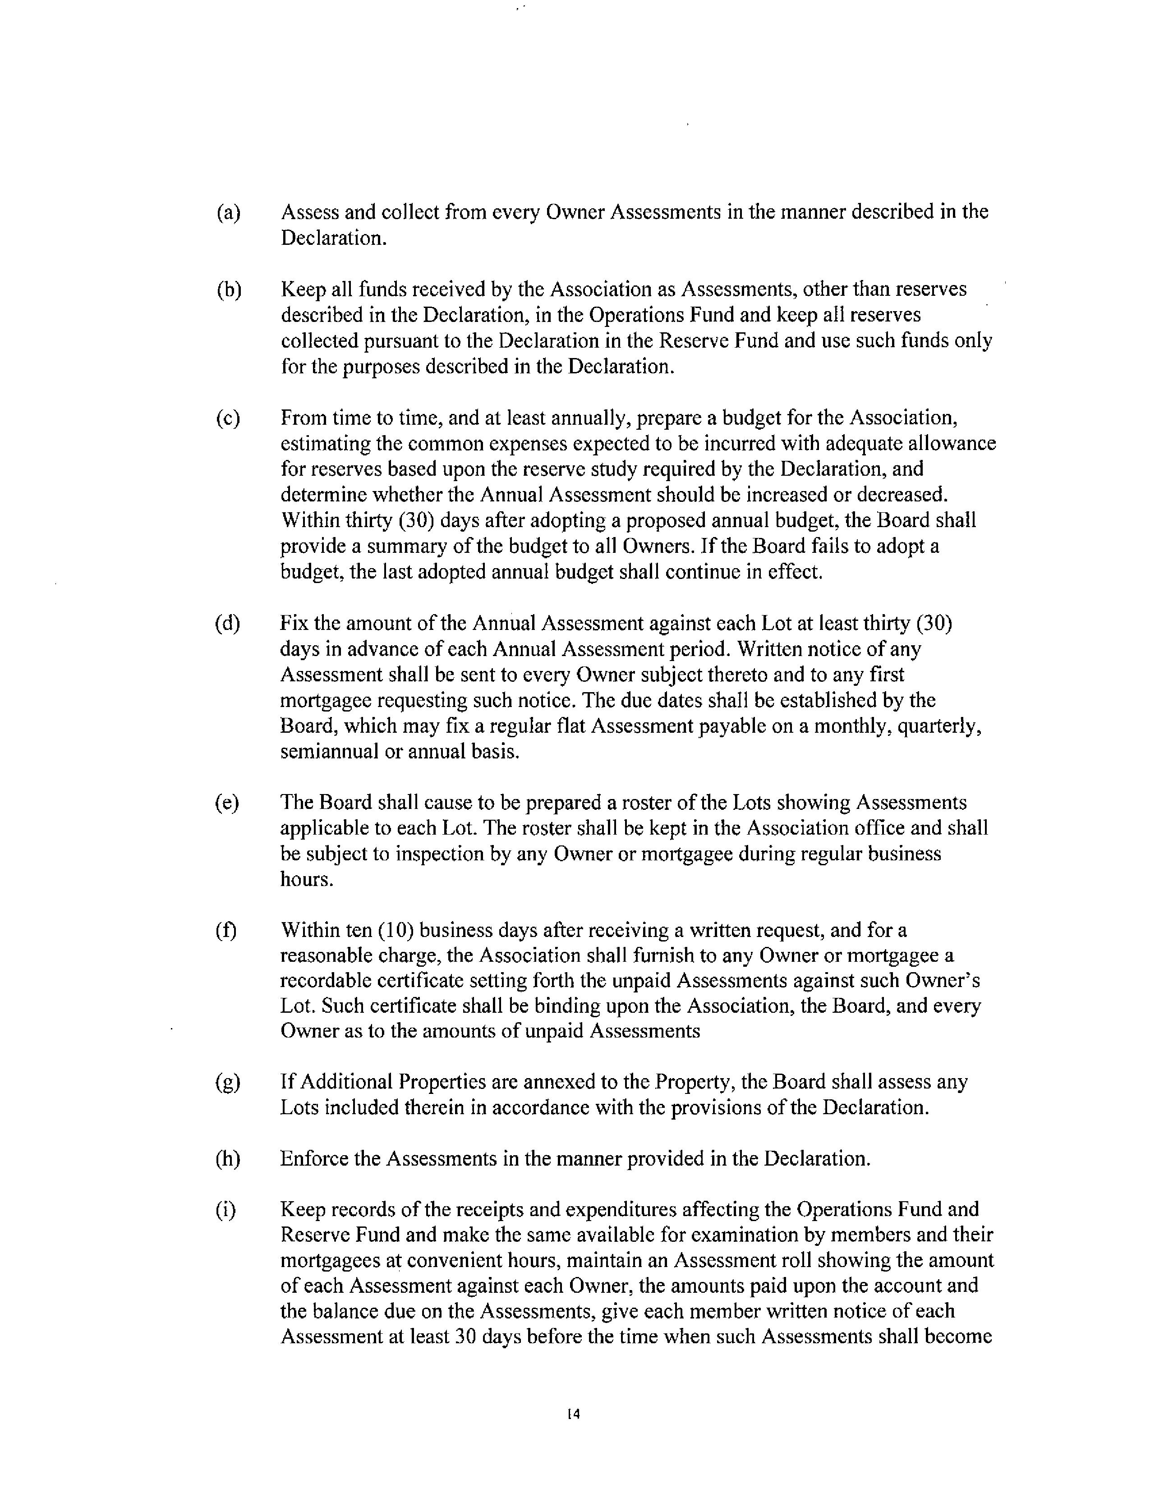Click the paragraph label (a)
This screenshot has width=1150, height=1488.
[228, 213]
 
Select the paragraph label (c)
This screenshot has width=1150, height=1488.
[228, 418]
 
